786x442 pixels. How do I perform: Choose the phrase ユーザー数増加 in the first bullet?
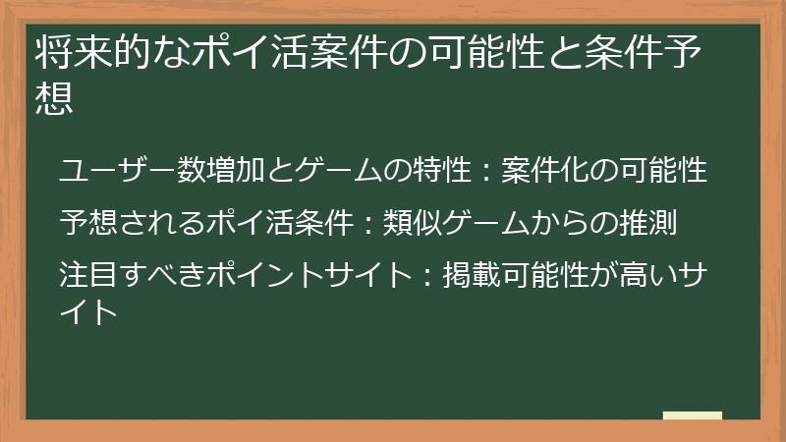tap(146, 170)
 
